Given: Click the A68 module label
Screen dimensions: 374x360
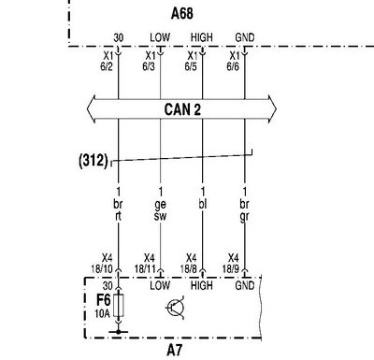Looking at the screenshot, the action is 182,13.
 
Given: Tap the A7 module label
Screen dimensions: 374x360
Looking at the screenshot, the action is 174,350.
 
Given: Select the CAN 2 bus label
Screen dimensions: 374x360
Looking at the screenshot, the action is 182,109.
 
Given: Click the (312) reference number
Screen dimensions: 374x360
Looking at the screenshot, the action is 93,160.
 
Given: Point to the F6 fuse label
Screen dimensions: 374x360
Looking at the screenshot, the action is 104,300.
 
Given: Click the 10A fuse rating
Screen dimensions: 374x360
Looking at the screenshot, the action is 103,313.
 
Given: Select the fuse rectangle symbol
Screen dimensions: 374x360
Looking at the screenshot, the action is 119,305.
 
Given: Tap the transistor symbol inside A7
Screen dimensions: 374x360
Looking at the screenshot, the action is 175,309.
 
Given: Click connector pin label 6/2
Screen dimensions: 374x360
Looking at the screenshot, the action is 107,66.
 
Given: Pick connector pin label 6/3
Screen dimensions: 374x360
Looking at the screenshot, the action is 149,66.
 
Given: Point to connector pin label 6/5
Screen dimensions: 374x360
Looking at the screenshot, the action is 191,66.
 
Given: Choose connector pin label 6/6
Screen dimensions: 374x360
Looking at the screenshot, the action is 233,66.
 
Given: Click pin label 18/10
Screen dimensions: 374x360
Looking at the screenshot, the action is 102,268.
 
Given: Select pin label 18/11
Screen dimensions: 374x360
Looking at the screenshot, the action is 145,268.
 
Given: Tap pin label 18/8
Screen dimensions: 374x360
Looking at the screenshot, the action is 189,268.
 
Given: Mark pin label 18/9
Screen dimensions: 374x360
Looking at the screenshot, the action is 231,268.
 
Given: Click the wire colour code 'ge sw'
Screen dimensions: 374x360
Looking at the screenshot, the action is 160,210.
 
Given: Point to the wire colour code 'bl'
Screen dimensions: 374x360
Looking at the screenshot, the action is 203,204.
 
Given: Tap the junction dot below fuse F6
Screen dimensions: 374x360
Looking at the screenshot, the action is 119,332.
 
